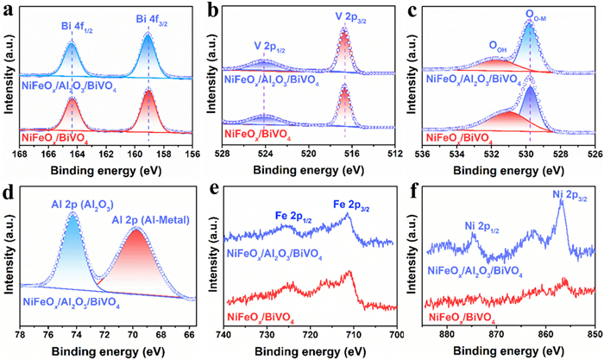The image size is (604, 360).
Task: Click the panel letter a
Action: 7,10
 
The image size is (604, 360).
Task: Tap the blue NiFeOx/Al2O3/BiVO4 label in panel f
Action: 486,269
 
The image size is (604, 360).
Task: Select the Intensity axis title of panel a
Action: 7,83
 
